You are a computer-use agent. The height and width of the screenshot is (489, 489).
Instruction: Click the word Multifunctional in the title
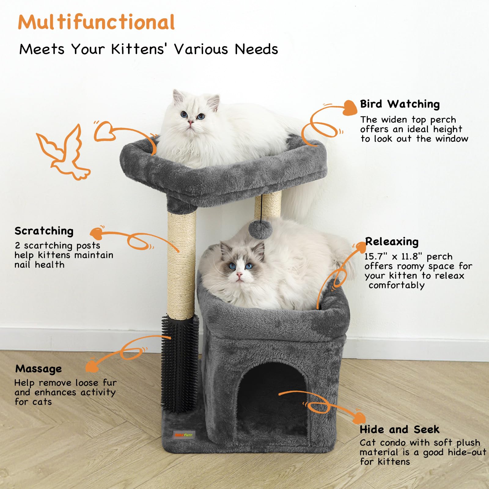click(x=96, y=22)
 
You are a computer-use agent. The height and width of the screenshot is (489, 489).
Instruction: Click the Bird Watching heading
click(x=400, y=104)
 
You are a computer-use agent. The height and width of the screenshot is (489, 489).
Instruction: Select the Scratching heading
click(x=44, y=231)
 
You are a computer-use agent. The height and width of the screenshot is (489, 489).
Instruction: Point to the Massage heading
click(x=39, y=369)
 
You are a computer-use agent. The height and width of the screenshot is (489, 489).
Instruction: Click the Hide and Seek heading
click(x=399, y=429)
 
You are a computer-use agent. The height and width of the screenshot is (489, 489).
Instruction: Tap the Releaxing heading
click(x=392, y=241)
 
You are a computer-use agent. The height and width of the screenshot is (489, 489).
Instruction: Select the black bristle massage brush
click(x=180, y=364)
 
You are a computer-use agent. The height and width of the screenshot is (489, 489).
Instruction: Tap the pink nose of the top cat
click(x=190, y=123)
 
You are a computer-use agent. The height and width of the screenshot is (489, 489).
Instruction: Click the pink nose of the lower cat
click(x=240, y=275)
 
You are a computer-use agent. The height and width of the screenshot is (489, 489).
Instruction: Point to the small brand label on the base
click(x=184, y=434)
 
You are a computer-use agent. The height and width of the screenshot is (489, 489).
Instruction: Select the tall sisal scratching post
click(x=182, y=263)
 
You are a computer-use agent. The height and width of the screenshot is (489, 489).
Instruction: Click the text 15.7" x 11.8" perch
click(x=408, y=256)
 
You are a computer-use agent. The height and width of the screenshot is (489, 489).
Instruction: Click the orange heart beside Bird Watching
click(x=349, y=108)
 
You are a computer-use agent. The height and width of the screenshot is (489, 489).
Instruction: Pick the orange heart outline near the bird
click(x=104, y=131)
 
